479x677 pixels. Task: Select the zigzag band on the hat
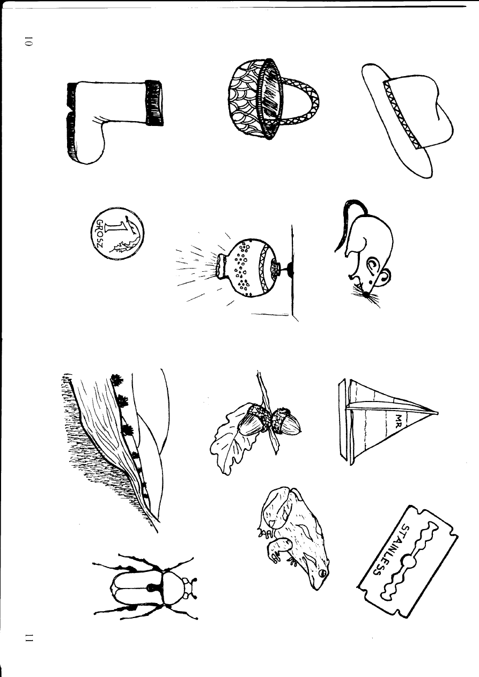400,113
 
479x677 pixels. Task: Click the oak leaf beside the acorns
225,445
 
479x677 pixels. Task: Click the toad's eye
321,573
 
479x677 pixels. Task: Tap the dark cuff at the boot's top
154,103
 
